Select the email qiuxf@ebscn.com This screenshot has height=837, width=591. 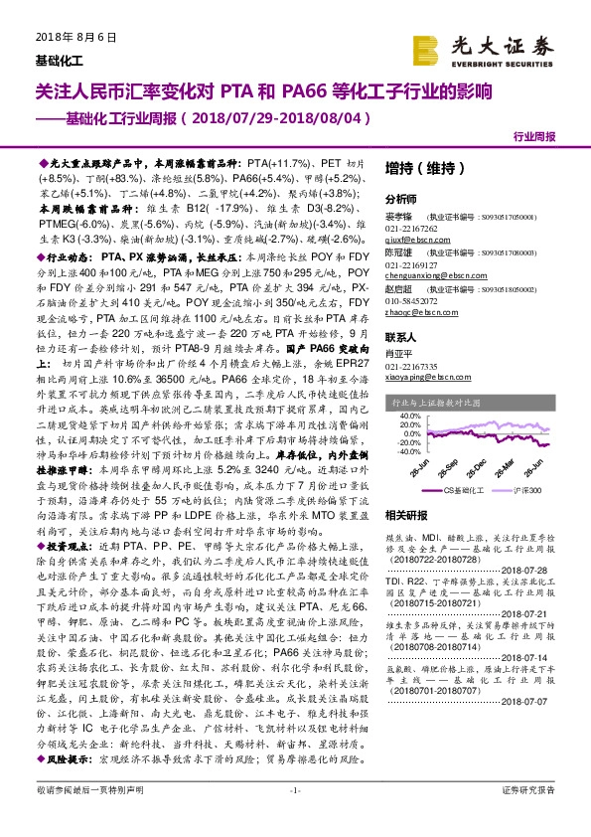418,240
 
